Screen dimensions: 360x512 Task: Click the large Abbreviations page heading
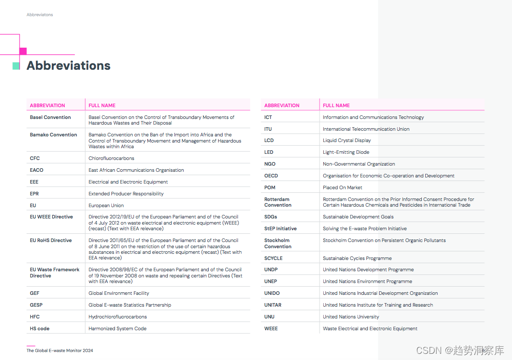click(68, 66)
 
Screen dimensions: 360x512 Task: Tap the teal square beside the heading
click(16, 66)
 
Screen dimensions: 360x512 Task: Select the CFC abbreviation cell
click(35, 158)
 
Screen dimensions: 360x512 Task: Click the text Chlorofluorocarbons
click(111, 158)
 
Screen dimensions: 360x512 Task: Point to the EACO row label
click(36, 170)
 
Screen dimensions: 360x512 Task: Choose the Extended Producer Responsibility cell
click(126, 194)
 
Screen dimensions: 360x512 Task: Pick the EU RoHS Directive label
click(51, 241)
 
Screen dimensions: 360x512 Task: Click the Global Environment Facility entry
click(119, 293)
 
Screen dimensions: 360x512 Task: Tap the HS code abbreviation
click(40, 329)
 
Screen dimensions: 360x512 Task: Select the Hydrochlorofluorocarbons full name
click(117, 317)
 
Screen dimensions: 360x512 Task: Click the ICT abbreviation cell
click(268, 117)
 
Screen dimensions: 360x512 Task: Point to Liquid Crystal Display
click(346, 141)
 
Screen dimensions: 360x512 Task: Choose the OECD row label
click(271, 176)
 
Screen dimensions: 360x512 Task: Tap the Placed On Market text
click(342, 188)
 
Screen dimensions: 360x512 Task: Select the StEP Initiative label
click(280, 229)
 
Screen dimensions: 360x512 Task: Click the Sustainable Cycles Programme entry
click(357, 258)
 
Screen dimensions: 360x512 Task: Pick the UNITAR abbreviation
click(273, 305)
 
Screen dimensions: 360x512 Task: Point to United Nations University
click(351, 317)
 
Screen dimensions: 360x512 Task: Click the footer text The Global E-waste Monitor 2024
click(60, 351)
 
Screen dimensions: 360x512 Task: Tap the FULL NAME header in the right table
click(336, 106)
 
